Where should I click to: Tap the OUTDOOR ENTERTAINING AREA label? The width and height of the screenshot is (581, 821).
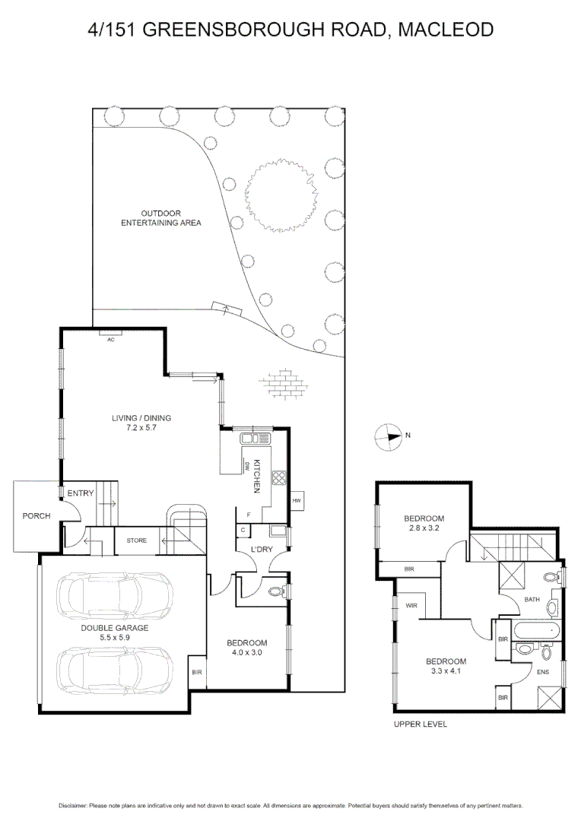pos(160,218)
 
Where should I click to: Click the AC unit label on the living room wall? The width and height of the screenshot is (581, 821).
pos(110,339)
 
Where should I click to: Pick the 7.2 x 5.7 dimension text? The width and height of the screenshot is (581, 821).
pos(141,428)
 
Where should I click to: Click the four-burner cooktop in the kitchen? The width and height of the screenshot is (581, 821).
pos(278,479)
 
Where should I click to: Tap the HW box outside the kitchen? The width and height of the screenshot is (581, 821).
pos(297,501)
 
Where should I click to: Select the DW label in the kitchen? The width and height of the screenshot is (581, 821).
pos(248,466)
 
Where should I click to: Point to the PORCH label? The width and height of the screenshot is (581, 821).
pos(36,516)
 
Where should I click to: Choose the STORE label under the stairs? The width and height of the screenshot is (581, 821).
pos(136,540)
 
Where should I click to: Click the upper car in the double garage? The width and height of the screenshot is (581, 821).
pos(115,593)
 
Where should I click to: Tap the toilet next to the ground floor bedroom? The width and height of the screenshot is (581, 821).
pos(276,589)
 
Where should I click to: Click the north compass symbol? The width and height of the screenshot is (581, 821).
pos(389,436)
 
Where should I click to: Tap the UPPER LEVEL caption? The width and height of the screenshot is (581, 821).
pos(421,724)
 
